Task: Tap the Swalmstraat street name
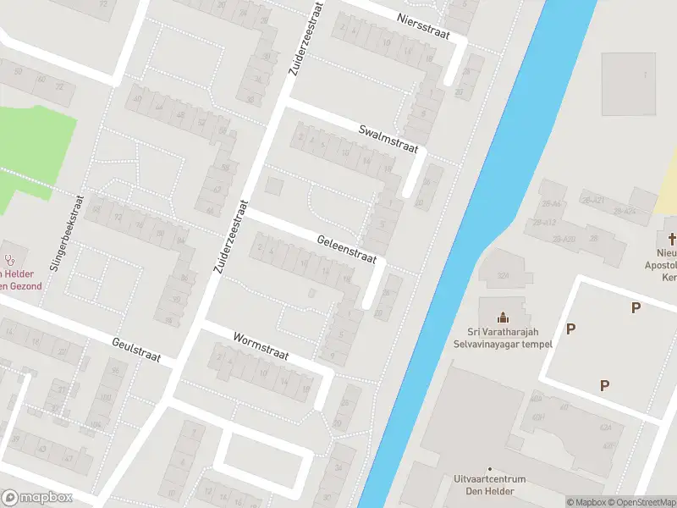[x=388, y=138]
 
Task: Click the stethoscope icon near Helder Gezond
[x=11, y=257]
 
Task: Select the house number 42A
[x=605, y=428]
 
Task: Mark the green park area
[x=34, y=152]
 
